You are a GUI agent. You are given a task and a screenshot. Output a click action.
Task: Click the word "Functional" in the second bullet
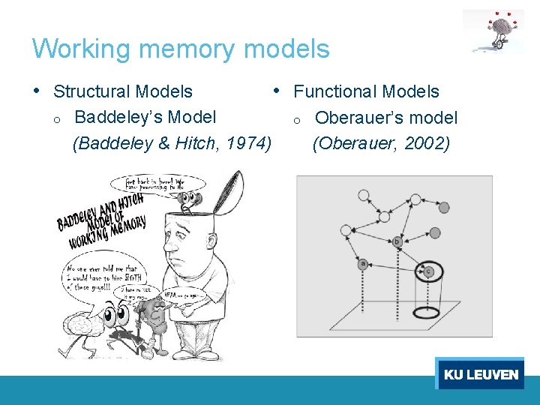(x=329, y=92)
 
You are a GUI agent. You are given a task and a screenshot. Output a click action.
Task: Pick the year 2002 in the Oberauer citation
(x=427, y=143)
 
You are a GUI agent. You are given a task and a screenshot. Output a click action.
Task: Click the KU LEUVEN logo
(x=480, y=373)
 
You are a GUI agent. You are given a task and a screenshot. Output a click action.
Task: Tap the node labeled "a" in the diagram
(x=363, y=264)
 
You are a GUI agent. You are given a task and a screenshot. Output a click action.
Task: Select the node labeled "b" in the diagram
(x=397, y=241)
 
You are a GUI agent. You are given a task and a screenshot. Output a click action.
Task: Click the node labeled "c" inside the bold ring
(x=429, y=271)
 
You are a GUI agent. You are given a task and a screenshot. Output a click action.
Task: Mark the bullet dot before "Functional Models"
(x=277, y=90)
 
